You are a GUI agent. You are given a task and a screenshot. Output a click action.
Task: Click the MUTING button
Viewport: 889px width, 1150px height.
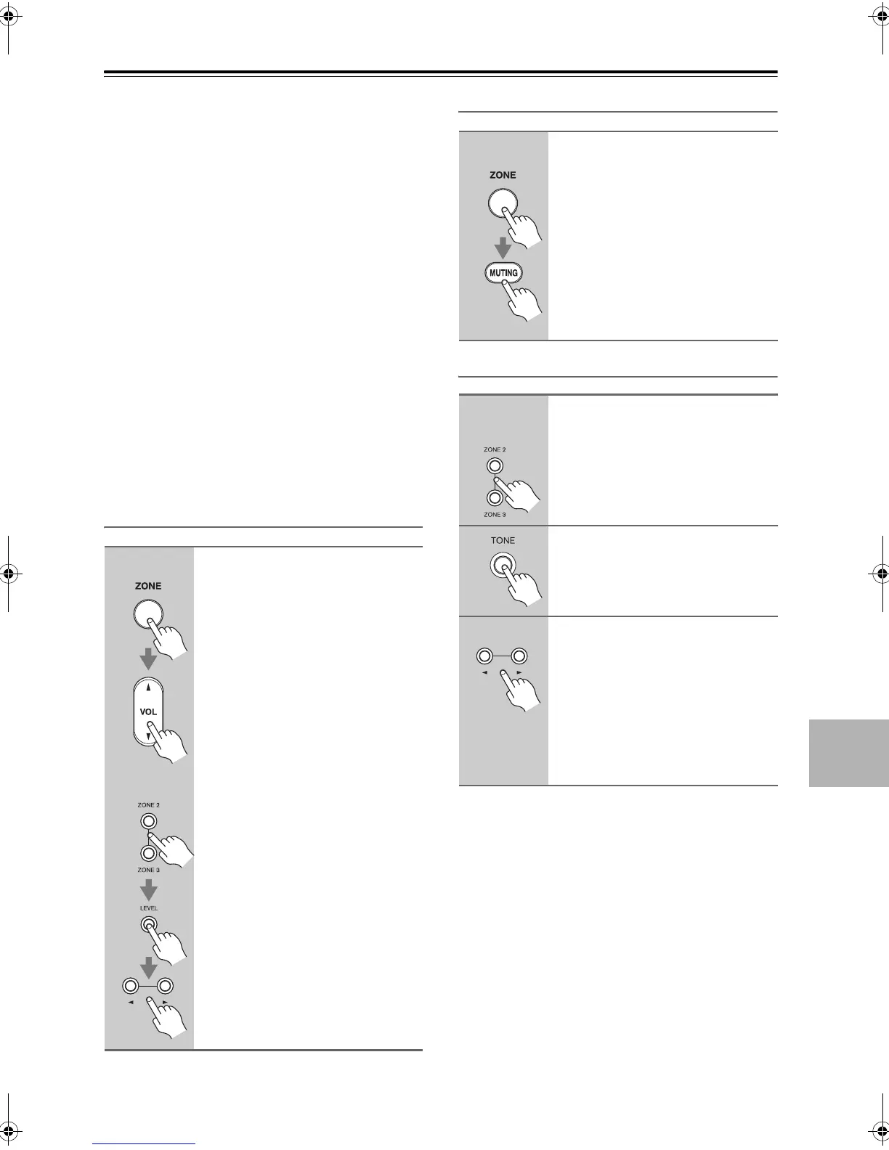[x=503, y=273]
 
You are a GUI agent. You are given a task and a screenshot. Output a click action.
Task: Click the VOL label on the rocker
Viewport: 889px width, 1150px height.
[x=148, y=711]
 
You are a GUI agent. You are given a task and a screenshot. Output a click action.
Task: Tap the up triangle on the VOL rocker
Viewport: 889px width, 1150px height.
[x=148, y=687]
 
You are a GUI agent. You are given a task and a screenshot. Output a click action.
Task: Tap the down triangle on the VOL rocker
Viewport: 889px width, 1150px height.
[x=148, y=735]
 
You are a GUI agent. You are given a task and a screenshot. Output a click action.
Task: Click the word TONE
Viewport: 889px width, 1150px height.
[x=503, y=540]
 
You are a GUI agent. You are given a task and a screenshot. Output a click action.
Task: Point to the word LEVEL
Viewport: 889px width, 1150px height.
[x=148, y=908]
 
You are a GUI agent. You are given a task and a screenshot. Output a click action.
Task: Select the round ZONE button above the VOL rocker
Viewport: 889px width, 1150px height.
[x=147, y=614]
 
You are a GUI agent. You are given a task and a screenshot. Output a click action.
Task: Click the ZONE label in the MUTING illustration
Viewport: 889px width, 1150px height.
[x=503, y=175]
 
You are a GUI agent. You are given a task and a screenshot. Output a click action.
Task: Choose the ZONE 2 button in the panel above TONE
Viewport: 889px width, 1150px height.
[x=494, y=466]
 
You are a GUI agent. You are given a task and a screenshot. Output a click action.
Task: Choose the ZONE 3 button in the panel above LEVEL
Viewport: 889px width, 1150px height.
[x=148, y=853]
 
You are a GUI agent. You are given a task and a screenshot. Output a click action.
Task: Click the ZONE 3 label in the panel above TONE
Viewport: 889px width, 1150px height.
[x=494, y=514]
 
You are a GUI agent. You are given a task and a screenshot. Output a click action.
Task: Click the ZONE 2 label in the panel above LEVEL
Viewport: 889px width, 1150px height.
[x=148, y=805]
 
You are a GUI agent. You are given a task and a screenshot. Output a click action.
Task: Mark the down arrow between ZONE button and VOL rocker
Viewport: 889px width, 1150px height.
[x=148, y=658]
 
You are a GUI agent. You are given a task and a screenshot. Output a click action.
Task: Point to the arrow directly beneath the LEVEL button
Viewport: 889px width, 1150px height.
[x=148, y=966]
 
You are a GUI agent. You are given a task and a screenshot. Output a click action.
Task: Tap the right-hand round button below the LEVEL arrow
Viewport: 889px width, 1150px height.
[x=166, y=986]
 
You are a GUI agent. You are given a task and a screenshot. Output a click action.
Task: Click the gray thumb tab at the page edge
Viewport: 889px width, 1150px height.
[x=848, y=752]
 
